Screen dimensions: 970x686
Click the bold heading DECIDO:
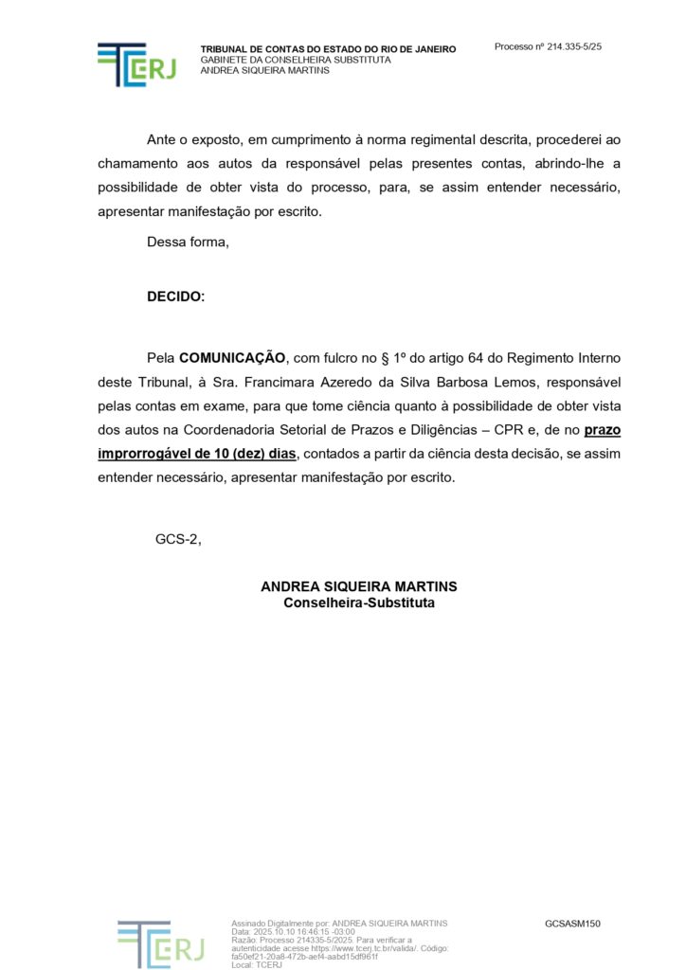pos(175,296)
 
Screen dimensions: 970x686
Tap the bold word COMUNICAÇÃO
pos(232,358)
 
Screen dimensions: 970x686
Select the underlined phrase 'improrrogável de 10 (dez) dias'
pos(197,454)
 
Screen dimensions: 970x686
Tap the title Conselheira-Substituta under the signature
pos(359,602)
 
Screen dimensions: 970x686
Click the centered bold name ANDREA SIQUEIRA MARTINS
pos(359,586)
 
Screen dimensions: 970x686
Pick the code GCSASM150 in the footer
pos(572,924)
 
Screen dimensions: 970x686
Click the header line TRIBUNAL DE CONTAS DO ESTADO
pos(328,49)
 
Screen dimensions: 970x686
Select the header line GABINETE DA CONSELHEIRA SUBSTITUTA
pos(295,60)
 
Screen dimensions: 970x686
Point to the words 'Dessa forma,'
pos(188,242)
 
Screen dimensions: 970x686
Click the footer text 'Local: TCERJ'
pos(257,964)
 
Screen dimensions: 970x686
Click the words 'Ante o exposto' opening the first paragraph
pos(191,139)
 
